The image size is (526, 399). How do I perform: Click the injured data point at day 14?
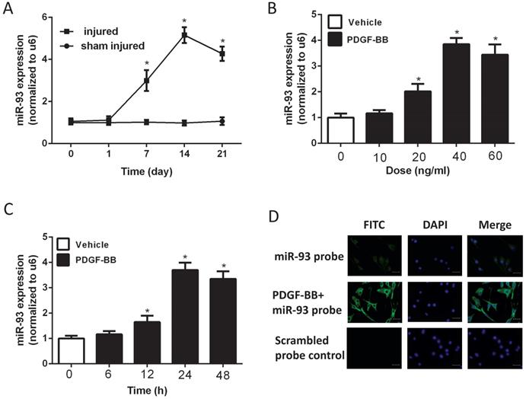click(183, 36)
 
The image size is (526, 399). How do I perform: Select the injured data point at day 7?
click(146, 80)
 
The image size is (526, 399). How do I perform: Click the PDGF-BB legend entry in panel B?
click(369, 39)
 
